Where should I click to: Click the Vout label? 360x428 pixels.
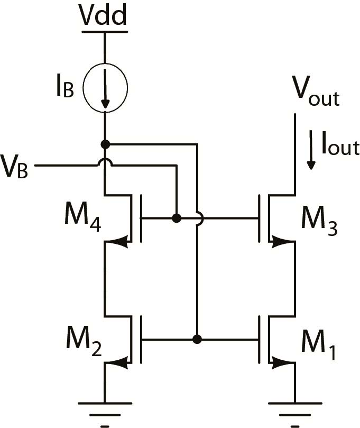316,96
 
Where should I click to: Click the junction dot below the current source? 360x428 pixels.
105,144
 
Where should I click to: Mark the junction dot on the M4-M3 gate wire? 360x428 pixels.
177,217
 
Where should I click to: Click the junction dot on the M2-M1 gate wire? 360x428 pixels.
197,339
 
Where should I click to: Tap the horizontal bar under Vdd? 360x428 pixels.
105,32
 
